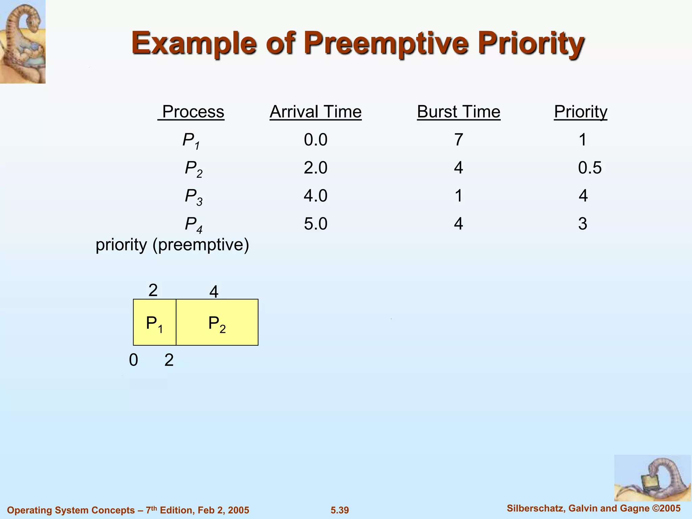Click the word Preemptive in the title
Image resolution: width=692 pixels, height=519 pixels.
387,44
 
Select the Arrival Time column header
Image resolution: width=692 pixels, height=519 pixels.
316,112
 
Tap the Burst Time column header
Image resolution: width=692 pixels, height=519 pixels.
459,112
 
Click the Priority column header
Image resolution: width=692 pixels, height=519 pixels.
580,112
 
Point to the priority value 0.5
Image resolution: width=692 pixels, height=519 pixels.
590,168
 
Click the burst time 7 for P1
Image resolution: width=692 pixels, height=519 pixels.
459,140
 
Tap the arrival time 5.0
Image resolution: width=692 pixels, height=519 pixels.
316,224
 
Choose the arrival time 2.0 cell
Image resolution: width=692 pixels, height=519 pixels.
316,168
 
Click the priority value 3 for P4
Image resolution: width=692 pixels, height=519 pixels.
583,224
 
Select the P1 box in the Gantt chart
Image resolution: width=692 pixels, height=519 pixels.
154,322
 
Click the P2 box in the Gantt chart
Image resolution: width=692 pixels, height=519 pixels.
217,322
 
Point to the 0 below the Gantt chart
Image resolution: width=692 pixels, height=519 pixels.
133,360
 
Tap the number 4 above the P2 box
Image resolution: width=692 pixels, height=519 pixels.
214,292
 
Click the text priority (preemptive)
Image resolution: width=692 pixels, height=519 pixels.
172,245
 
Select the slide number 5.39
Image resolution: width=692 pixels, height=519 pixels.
340,510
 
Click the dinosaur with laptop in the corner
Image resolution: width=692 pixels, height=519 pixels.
652,478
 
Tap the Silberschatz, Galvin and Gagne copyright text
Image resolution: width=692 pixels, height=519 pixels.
594,509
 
